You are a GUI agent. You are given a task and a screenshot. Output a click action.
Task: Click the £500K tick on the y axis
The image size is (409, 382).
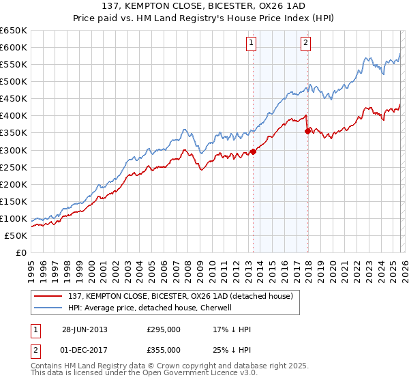[x=14, y=81]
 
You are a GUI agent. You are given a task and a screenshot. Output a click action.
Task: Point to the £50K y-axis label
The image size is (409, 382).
[x=16, y=235]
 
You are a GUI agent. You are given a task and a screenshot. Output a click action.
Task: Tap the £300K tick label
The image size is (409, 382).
[x=14, y=150]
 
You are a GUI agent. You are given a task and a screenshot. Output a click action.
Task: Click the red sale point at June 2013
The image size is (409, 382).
[x=253, y=151]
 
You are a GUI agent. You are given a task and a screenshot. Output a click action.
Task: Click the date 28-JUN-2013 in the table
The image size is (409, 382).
[x=85, y=329]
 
